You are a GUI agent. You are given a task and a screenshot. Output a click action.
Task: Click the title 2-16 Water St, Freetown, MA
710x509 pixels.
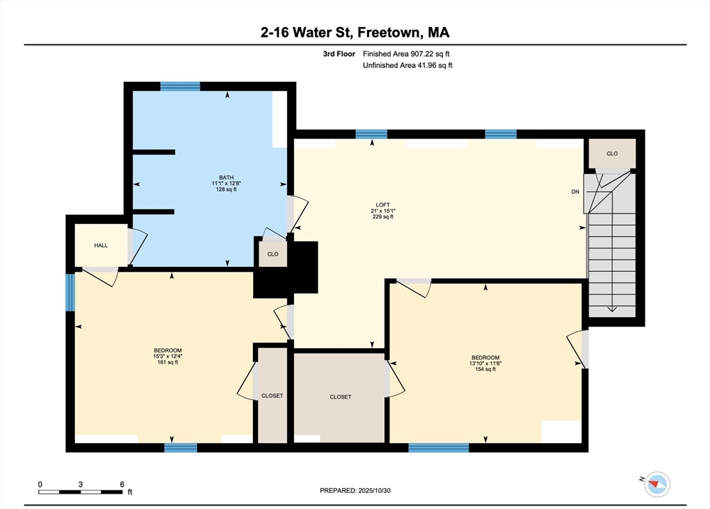click(x=355, y=32)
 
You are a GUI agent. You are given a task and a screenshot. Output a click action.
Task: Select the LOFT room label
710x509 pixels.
click(x=383, y=205)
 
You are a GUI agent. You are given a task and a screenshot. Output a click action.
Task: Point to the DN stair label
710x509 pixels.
click(x=575, y=191)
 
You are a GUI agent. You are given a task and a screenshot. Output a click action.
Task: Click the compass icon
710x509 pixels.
click(x=656, y=483)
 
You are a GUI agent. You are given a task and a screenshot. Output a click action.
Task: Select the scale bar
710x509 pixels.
click(x=81, y=492)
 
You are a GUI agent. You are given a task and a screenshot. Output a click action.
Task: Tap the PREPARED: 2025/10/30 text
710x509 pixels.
click(x=360, y=490)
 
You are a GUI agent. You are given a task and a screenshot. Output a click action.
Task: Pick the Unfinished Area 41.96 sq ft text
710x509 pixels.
click(x=408, y=66)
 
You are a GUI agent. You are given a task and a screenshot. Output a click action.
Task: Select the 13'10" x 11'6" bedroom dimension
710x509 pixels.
click(x=485, y=363)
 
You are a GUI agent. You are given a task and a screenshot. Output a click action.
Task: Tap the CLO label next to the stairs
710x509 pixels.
click(x=612, y=153)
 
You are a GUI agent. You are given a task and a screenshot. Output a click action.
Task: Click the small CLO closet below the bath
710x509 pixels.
click(x=272, y=254)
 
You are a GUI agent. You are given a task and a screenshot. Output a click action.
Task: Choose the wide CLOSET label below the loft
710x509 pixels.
click(x=340, y=397)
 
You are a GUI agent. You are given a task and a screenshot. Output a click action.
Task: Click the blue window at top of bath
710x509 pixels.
click(x=180, y=87)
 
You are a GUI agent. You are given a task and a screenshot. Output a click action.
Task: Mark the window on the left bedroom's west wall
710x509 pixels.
click(x=70, y=292)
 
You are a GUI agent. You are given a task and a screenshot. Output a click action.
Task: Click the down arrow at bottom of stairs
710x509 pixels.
click(x=612, y=308)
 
